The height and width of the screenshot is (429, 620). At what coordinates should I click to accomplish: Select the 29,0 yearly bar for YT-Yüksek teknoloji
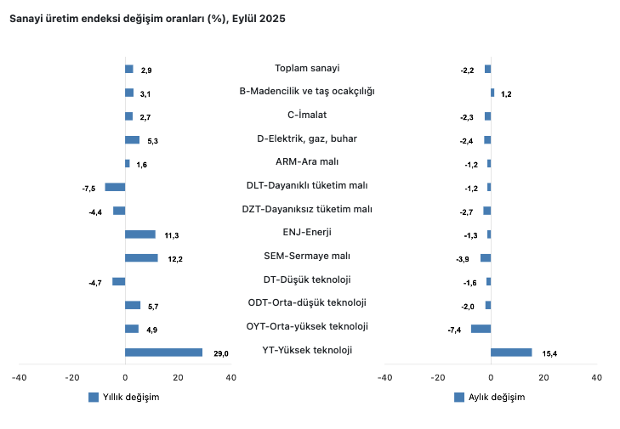click(163, 352)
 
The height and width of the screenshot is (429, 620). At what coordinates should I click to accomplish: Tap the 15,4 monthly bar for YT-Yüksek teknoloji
click(511, 352)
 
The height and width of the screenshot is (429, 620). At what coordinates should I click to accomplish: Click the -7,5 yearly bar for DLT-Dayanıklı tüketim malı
click(115, 187)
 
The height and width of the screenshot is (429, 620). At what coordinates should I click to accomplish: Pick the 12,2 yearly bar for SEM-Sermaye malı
click(141, 257)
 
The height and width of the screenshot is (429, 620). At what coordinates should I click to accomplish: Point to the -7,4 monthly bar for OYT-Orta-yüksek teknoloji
click(481, 328)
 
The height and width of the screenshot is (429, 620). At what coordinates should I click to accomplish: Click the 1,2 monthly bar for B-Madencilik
click(492, 93)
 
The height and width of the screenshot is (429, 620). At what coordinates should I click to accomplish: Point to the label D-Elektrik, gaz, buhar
click(307, 138)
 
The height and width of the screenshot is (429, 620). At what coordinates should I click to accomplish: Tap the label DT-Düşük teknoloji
click(307, 279)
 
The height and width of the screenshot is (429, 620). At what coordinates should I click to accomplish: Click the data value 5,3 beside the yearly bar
click(152, 140)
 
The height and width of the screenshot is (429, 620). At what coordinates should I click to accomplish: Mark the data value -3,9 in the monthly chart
click(464, 258)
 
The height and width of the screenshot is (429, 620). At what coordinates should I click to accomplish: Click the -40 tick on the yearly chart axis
click(19, 377)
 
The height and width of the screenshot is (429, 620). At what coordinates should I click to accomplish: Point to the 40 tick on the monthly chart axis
click(596, 377)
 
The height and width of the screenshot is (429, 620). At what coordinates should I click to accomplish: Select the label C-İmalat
click(307, 115)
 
